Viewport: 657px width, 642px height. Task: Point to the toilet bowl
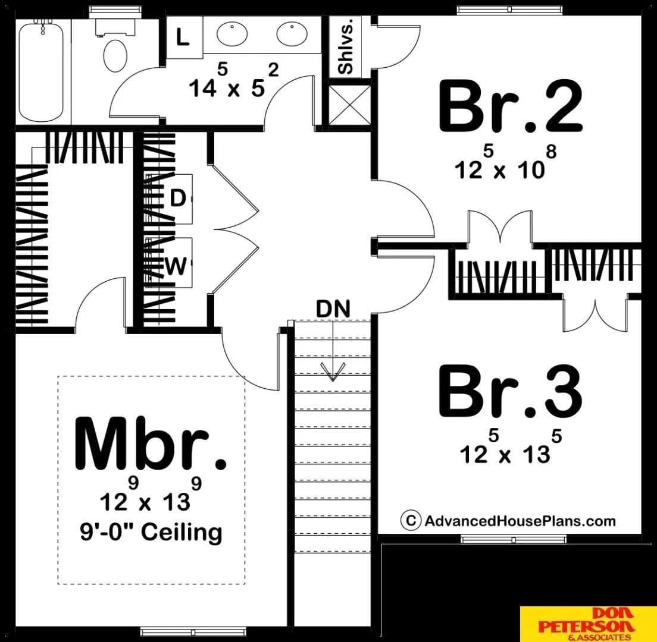tap(115, 55)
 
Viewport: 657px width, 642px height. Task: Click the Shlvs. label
tap(347, 46)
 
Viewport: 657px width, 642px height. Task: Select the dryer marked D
tap(178, 198)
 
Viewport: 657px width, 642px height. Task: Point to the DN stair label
tap(333, 309)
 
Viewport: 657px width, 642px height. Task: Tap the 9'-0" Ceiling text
tap(151, 533)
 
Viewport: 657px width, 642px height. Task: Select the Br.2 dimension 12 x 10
tap(505, 163)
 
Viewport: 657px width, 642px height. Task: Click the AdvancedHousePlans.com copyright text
tap(508, 521)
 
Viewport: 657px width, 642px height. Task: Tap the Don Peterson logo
tap(589, 624)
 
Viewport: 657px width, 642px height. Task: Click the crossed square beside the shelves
tap(349, 105)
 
